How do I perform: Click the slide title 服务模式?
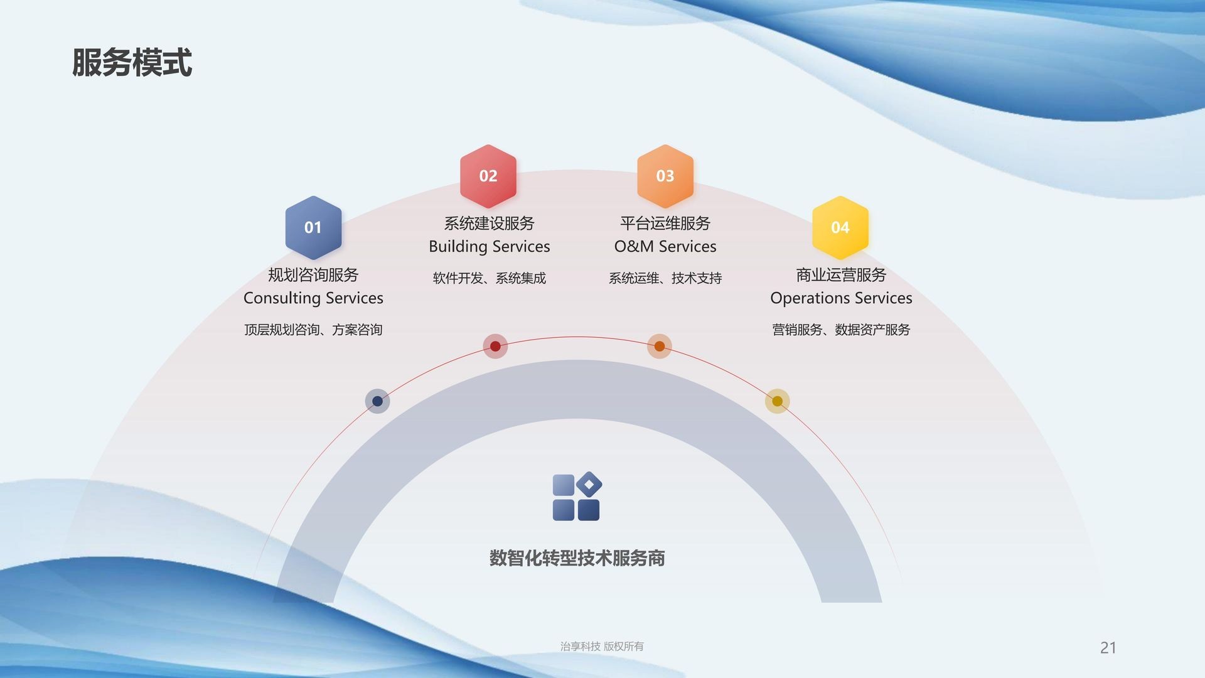point(132,63)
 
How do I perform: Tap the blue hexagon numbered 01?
point(313,227)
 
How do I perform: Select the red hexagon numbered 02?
point(488,176)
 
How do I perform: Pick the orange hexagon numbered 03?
point(665,176)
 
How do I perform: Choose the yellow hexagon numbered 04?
point(840,227)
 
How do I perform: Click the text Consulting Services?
point(313,298)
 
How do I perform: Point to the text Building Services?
point(490,247)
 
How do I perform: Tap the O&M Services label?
point(665,247)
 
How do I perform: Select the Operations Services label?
point(841,298)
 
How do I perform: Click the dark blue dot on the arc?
point(377,401)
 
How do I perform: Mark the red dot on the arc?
point(495,346)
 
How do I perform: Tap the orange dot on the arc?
point(660,346)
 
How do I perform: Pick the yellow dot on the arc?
point(777,401)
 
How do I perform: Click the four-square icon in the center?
point(577,497)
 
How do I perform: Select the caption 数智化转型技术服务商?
point(577,558)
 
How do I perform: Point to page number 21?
point(1108,648)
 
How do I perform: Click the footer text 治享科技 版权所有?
point(602,647)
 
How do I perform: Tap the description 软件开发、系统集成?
point(490,278)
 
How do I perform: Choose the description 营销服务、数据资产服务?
point(841,330)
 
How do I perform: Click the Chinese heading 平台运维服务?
point(665,223)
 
